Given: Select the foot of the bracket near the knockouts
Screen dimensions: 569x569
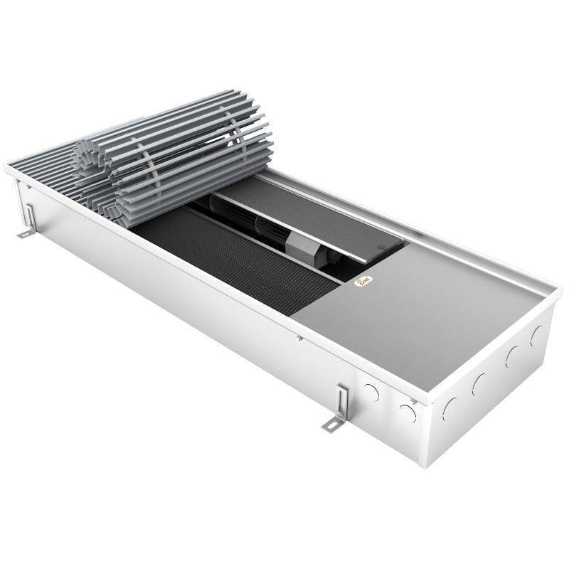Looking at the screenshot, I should pos(330,425).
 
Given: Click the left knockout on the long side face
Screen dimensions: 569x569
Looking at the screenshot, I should pos(371,390).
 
